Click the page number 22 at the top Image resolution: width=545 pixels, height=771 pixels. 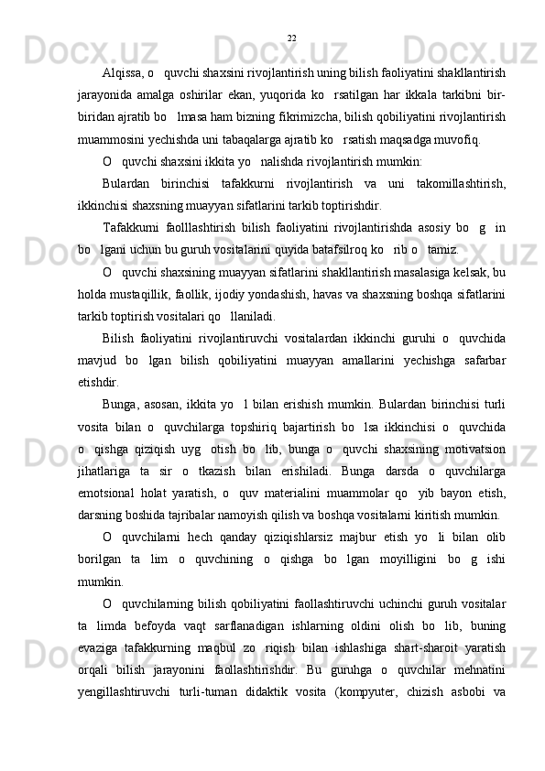coord(291,38)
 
